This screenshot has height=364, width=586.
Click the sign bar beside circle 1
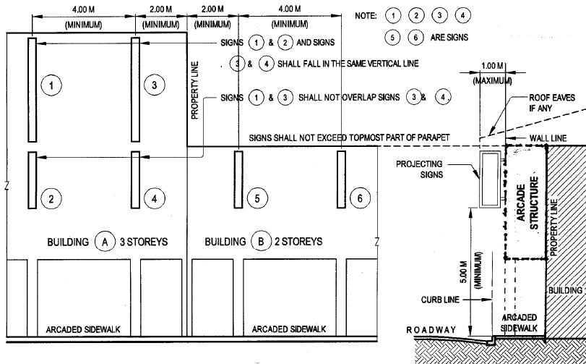[32, 90]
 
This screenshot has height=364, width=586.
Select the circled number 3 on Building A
[154, 85]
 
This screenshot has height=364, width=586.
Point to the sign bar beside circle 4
[135, 179]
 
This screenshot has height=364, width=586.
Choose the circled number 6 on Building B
[359, 197]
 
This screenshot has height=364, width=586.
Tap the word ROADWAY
[431, 330]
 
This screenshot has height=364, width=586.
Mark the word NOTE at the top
[366, 15]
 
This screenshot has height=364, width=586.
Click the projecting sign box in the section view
[491, 178]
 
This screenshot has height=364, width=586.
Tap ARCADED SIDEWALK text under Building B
[289, 329]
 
